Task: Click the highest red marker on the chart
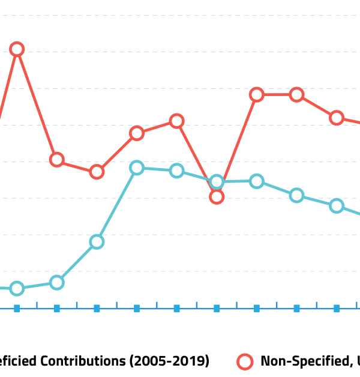pyautogui.click(x=17, y=49)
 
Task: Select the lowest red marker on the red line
pyautogui.click(x=217, y=196)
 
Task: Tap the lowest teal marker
pyautogui.click(x=17, y=289)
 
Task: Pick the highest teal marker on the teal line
pyautogui.click(x=137, y=167)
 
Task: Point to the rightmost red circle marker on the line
pyautogui.click(x=337, y=118)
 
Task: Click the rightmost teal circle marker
pyautogui.click(x=337, y=206)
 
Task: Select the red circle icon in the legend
pyautogui.click(x=245, y=361)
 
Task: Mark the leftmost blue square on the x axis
pyautogui.click(x=17, y=309)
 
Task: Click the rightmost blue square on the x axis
pyautogui.click(x=337, y=309)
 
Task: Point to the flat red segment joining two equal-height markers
pyautogui.click(x=277, y=95)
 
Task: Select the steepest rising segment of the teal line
pyautogui.click(x=117, y=204)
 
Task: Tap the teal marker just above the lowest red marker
pyautogui.click(x=217, y=182)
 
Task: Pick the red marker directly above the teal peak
pyautogui.click(x=137, y=133)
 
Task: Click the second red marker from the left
pyautogui.click(x=56, y=160)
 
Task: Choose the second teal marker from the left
pyautogui.click(x=56, y=282)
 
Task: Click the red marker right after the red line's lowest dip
pyautogui.click(x=257, y=95)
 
